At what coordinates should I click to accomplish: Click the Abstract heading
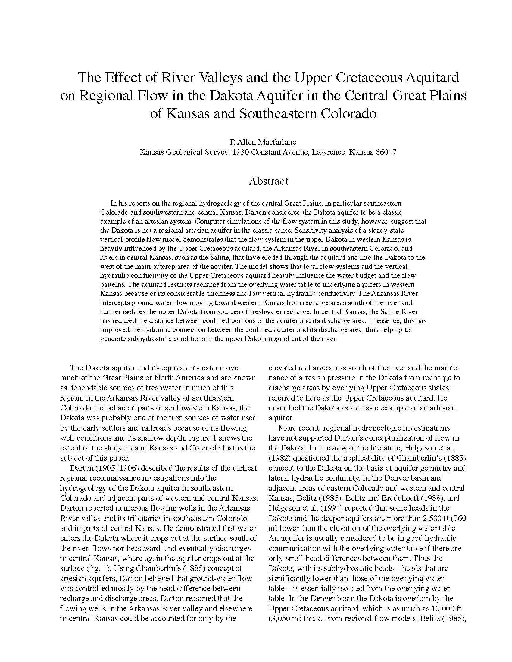click(x=268, y=181)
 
